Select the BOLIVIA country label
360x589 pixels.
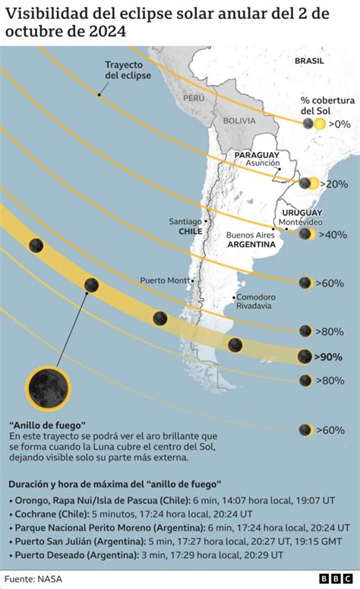(x=239, y=120)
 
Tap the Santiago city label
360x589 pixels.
(x=185, y=221)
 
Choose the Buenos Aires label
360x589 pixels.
(x=250, y=235)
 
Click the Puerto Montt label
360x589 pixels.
(x=165, y=280)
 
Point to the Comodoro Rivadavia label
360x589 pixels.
(x=255, y=301)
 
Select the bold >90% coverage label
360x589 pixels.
(x=329, y=356)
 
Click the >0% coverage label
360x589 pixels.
(x=341, y=124)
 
